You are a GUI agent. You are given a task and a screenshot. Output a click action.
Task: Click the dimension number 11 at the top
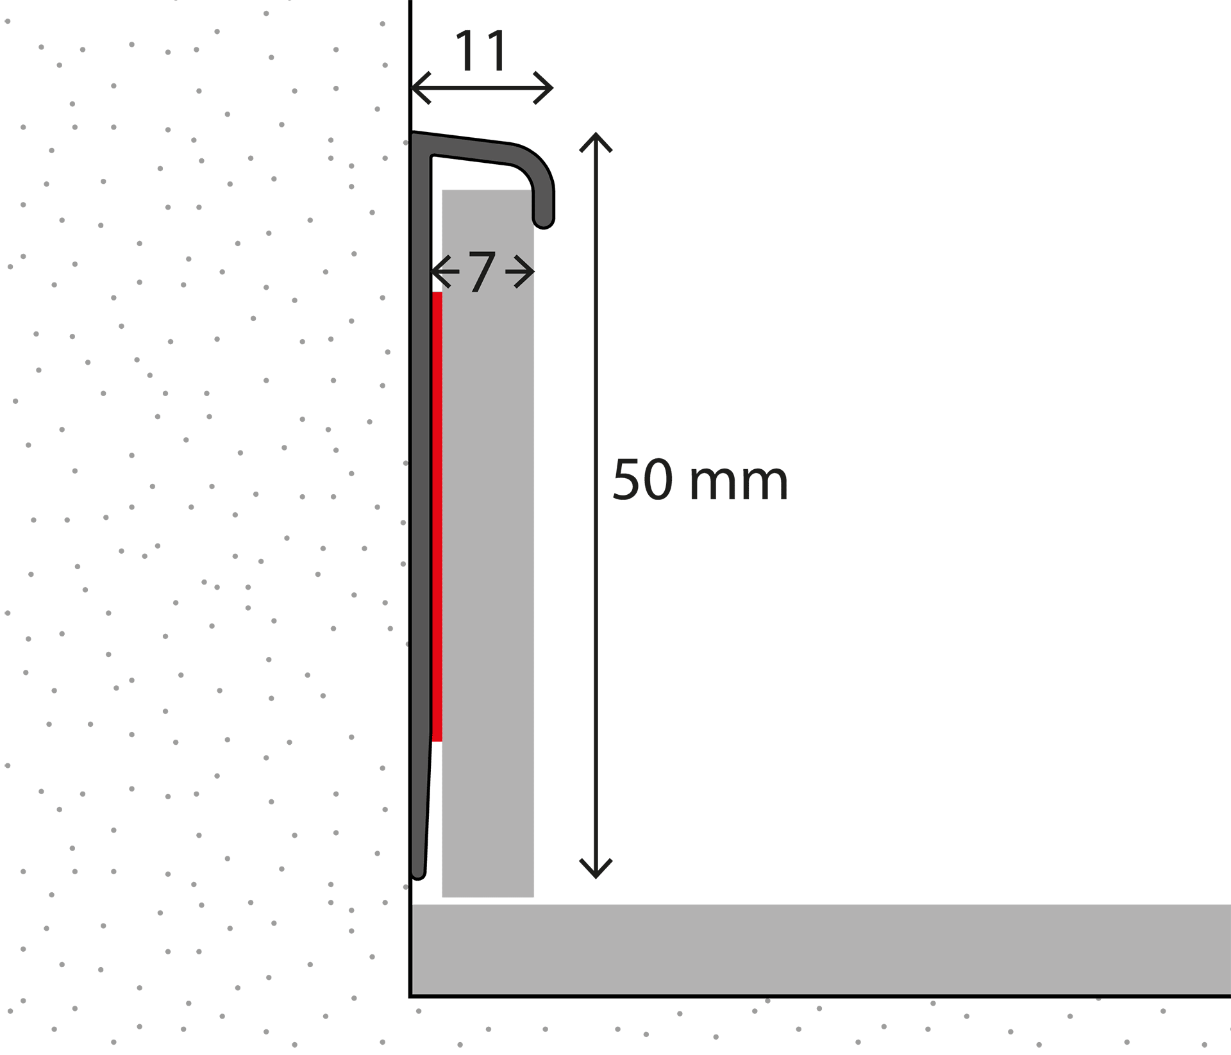(x=481, y=51)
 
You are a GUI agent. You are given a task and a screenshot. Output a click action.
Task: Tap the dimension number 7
(x=482, y=272)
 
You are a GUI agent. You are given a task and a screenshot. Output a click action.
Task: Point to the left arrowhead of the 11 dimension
(x=421, y=88)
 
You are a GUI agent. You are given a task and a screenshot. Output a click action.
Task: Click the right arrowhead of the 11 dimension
(x=543, y=88)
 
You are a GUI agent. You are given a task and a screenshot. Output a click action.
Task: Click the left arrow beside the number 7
(x=445, y=272)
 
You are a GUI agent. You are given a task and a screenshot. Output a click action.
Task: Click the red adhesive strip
(x=437, y=517)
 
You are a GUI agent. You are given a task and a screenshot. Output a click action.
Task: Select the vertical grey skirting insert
(x=488, y=544)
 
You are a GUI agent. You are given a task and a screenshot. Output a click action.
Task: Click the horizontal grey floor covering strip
(x=821, y=950)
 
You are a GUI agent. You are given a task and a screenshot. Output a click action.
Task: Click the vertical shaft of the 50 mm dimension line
(x=596, y=505)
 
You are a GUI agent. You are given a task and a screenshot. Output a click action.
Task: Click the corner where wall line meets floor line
(x=410, y=997)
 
